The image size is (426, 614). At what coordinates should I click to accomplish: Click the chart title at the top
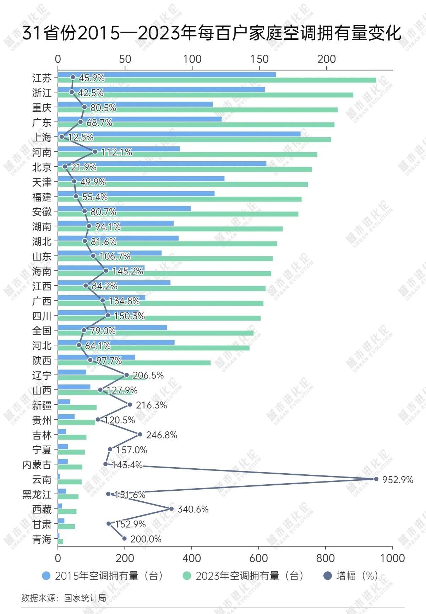click(x=212, y=33)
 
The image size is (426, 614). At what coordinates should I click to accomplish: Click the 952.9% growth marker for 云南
click(x=376, y=479)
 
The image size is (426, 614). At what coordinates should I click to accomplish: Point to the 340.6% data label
click(x=193, y=509)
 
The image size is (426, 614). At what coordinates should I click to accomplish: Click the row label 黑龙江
click(x=37, y=495)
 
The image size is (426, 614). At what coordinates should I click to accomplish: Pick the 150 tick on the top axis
click(x=259, y=59)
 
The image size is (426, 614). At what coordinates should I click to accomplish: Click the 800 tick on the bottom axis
click(x=325, y=558)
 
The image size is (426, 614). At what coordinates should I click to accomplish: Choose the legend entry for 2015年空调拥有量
click(x=103, y=576)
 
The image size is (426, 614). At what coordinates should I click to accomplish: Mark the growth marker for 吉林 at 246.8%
click(x=140, y=434)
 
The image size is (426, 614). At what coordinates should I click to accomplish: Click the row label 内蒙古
click(x=37, y=465)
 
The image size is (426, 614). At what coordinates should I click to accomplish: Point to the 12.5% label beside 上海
click(x=81, y=137)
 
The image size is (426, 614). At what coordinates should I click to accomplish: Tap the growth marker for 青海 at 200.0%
click(x=124, y=538)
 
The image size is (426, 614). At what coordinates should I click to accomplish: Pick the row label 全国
click(x=42, y=331)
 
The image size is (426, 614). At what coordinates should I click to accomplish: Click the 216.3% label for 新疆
click(x=151, y=405)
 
